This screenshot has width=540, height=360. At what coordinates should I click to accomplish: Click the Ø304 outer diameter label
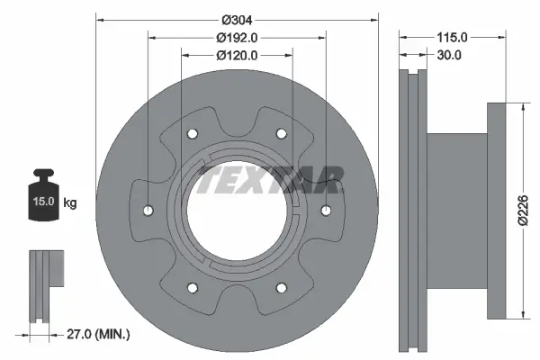coord(237,21)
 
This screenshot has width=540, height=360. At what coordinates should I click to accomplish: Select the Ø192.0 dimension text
coord(237,38)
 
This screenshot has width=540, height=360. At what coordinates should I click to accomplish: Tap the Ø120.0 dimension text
coord(237,55)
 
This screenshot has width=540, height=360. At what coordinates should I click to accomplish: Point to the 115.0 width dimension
coord(452,37)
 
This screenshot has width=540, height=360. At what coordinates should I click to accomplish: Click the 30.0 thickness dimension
coord(449,55)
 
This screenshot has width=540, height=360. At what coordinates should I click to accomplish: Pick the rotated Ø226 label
coord(523,210)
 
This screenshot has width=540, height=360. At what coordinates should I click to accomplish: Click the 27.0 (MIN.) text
coord(98,334)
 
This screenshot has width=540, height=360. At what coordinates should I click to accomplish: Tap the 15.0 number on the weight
coord(44,201)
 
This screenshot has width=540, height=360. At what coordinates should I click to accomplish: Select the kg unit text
coord(70,202)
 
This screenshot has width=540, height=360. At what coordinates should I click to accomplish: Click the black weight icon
coord(44,194)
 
